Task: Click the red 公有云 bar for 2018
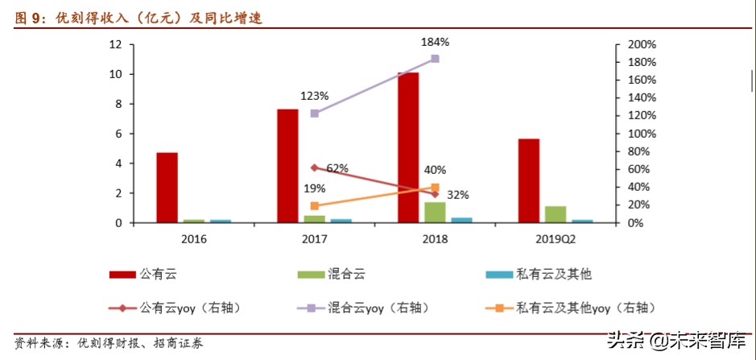coord(408,147)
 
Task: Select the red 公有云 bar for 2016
coord(167,187)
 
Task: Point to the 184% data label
coord(435,42)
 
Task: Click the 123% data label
coord(313,96)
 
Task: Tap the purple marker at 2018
coord(435,59)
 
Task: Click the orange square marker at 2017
coord(314,206)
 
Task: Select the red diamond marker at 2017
coord(314,168)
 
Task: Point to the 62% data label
coord(337,168)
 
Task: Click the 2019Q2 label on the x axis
coord(556,238)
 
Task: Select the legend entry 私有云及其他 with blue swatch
coord(555,275)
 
